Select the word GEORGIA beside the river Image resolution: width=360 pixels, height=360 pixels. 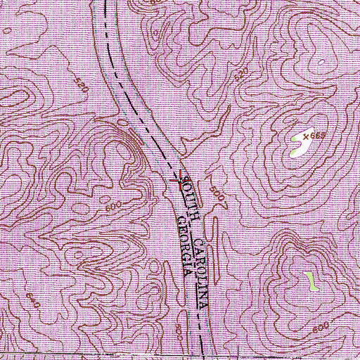[x=184, y=250]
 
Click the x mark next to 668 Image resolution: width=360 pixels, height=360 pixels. [x=306, y=134]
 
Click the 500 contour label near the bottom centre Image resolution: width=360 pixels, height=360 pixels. [x=181, y=328]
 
